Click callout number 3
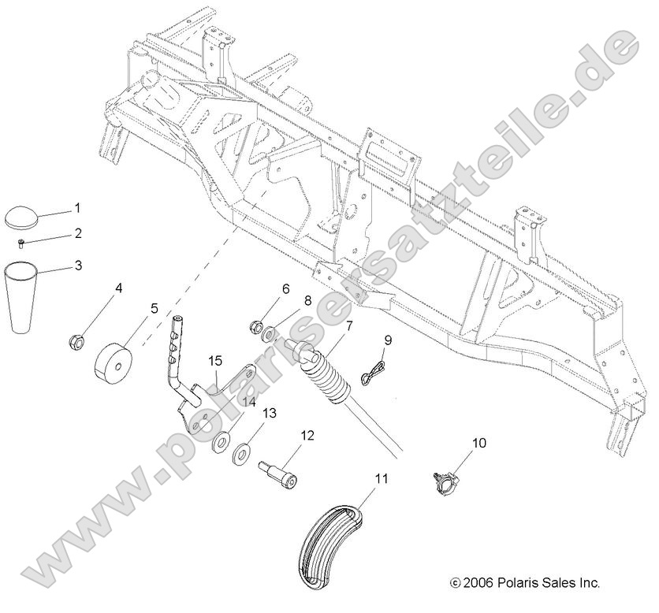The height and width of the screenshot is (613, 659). coord(77,266)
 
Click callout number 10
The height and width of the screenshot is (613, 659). coord(479,444)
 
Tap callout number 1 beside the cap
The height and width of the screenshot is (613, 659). coord(77,209)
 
